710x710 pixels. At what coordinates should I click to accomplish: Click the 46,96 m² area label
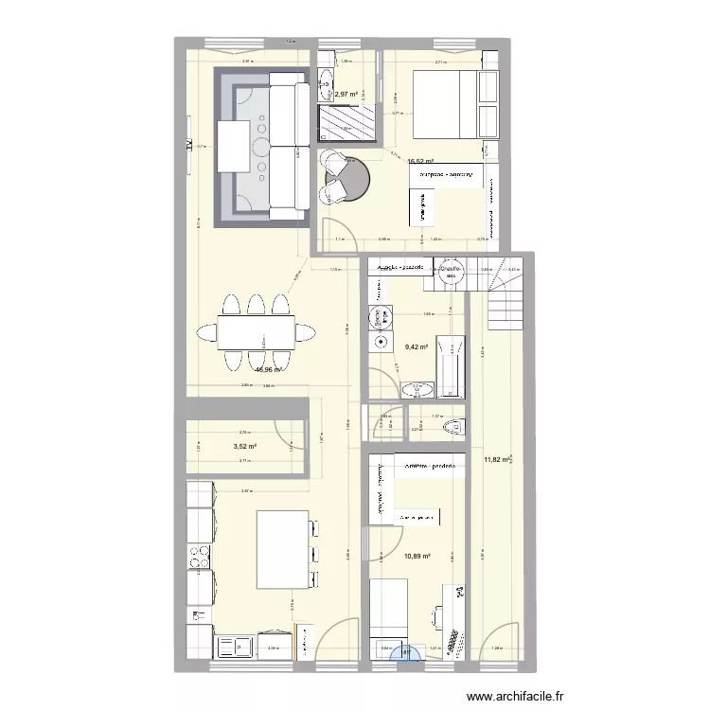(x=270, y=370)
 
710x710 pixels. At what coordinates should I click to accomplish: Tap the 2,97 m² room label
(x=346, y=94)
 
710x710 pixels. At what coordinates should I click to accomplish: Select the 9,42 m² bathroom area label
(x=417, y=347)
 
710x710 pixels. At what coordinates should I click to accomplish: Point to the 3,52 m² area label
(x=246, y=447)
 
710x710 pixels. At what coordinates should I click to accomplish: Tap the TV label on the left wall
(x=189, y=145)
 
